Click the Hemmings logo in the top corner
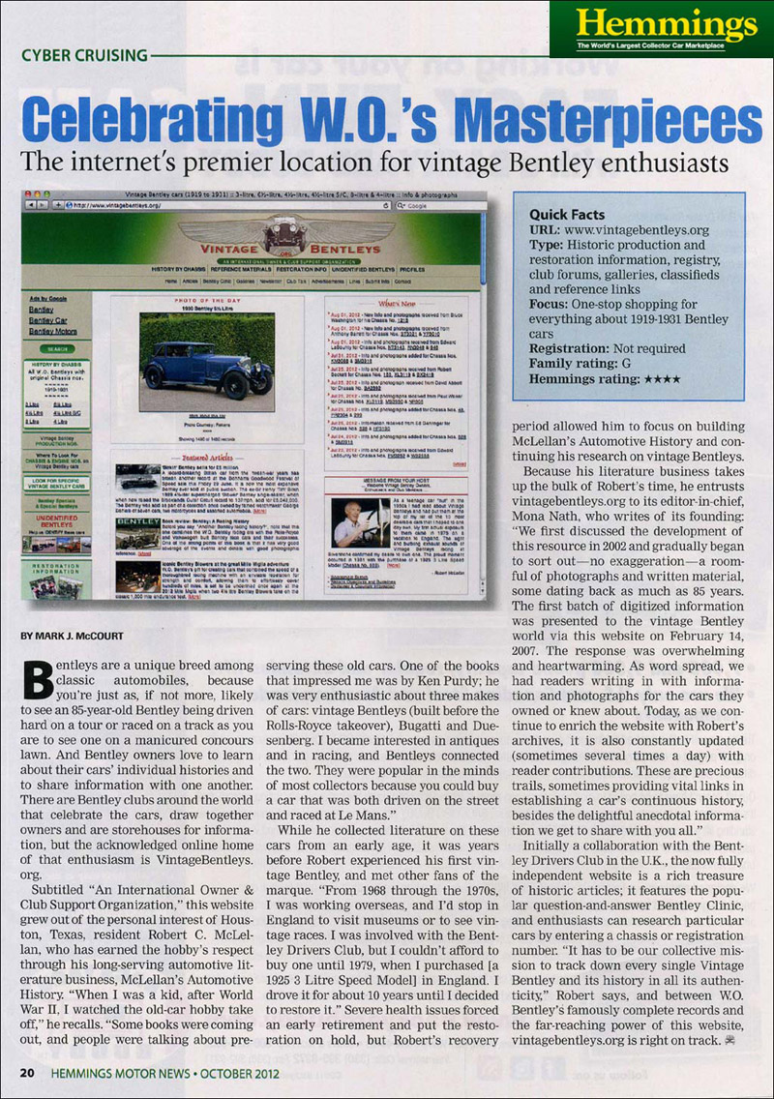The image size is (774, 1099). pyautogui.click(x=661, y=28)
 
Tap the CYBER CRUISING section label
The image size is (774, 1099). pyautogui.click(x=84, y=55)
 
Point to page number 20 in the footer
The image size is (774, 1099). pyautogui.click(x=28, y=1073)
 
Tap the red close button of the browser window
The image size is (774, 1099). pyautogui.click(x=30, y=194)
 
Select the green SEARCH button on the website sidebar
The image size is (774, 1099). pyautogui.click(x=56, y=348)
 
